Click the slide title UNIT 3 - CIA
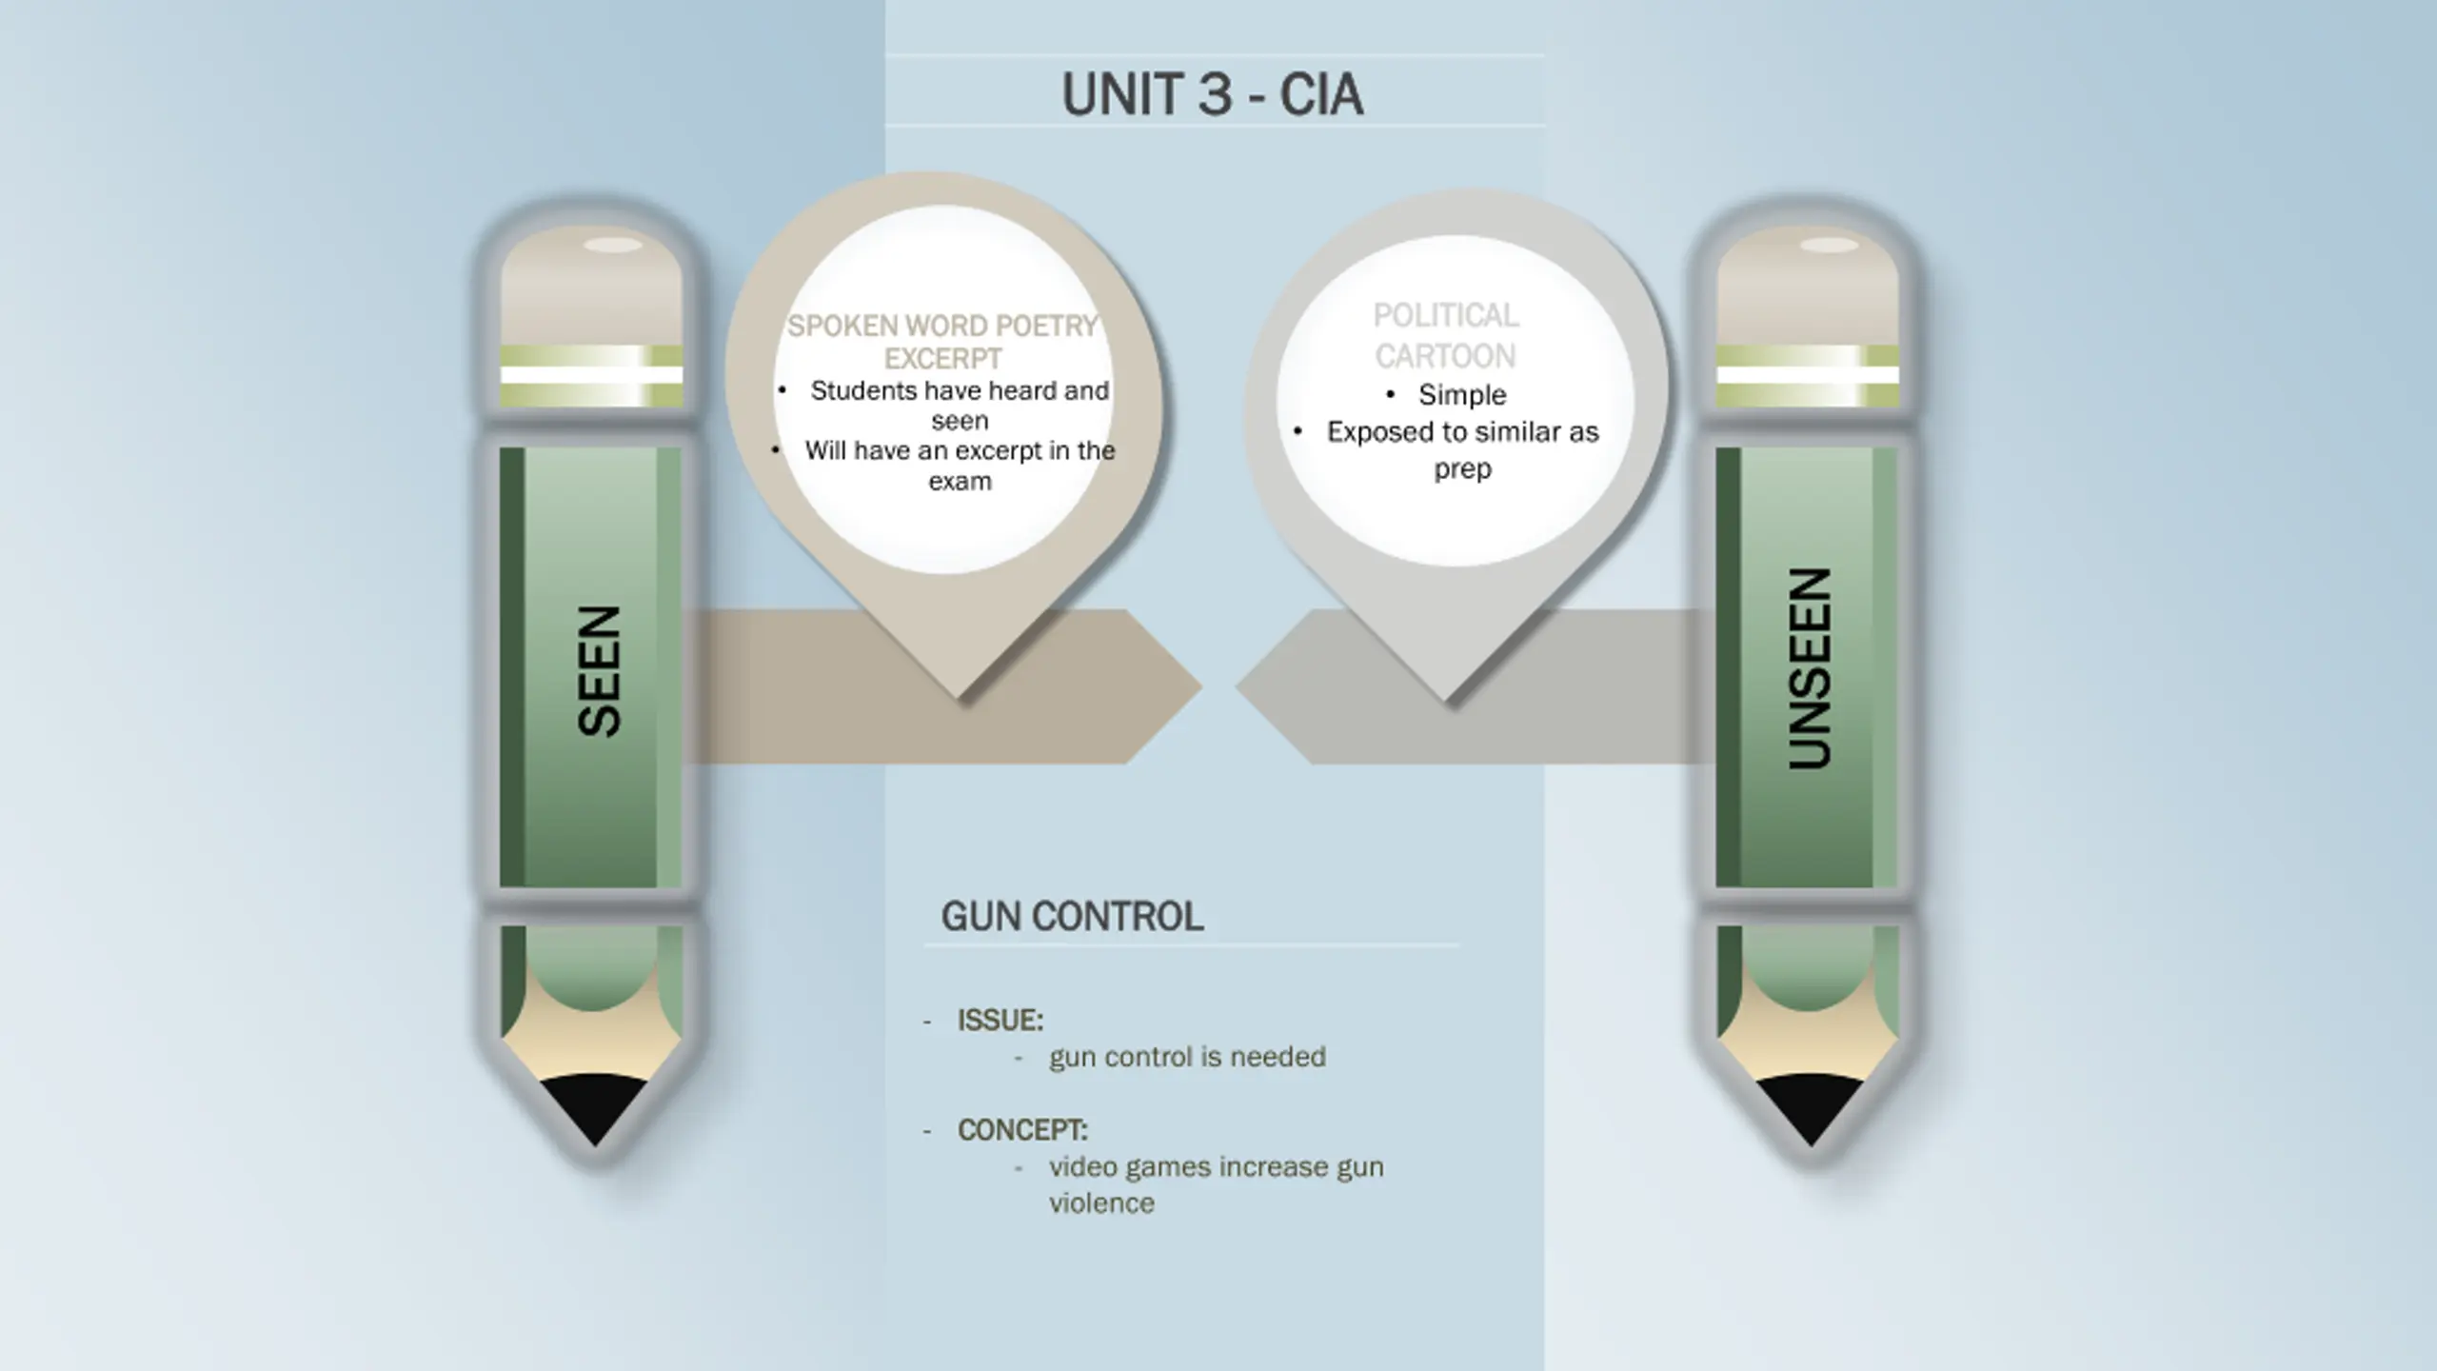tap(1212, 94)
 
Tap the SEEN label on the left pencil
tap(600, 670)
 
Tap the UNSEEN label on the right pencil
tap(1809, 668)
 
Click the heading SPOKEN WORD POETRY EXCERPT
tap(942, 342)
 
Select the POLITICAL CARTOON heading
tap(1445, 335)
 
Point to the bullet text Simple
tap(1461, 394)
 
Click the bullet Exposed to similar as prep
tap(1462, 449)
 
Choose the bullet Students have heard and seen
tap(960, 405)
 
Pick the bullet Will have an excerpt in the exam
tap(960, 466)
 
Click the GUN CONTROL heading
tap(1072, 916)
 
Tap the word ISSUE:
tap(1000, 1021)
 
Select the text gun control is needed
tap(1187, 1057)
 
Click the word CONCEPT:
tap(1021, 1130)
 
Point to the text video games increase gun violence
tap(1216, 1184)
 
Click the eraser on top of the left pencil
tap(591, 286)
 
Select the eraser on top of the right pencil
tap(1807, 286)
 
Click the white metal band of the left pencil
tap(591, 375)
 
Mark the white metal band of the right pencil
tap(1807, 375)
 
